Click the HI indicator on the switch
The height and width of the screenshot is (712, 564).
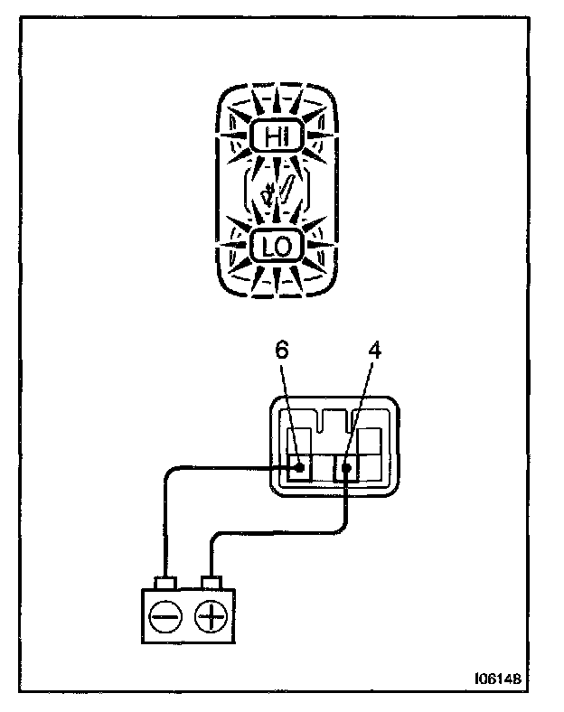tap(274, 136)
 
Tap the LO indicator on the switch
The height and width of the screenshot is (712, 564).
tap(274, 245)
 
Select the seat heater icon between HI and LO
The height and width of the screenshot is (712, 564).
tap(273, 192)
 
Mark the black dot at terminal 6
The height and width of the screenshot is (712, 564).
tap(298, 468)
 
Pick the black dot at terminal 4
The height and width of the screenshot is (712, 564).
tap(347, 468)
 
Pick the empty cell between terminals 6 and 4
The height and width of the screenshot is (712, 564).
tap(323, 470)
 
